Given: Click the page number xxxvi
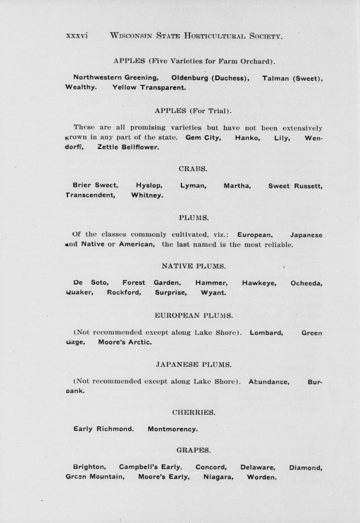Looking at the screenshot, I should [77, 36].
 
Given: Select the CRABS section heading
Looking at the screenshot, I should [193, 169].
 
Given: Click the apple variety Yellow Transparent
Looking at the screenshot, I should [149, 87].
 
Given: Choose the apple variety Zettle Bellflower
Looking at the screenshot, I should [128, 147].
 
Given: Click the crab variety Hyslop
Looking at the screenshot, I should [149, 186].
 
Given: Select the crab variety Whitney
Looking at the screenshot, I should [147, 195].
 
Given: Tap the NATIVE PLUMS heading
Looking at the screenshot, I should [193, 266].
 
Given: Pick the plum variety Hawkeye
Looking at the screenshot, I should [259, 283].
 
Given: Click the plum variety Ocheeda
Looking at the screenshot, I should [306, 283].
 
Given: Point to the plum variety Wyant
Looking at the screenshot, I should [213, 293].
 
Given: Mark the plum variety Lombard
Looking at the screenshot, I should [266, 333].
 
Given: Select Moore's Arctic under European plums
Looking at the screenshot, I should [125, 342].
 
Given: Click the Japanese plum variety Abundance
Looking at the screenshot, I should [269, 382].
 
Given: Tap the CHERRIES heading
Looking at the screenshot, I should [194, 412].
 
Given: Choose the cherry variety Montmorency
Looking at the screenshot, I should [172, 429].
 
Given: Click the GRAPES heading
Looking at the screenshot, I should [193, 450].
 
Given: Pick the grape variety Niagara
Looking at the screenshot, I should [218, 477].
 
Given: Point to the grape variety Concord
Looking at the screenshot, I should [211, 467].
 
